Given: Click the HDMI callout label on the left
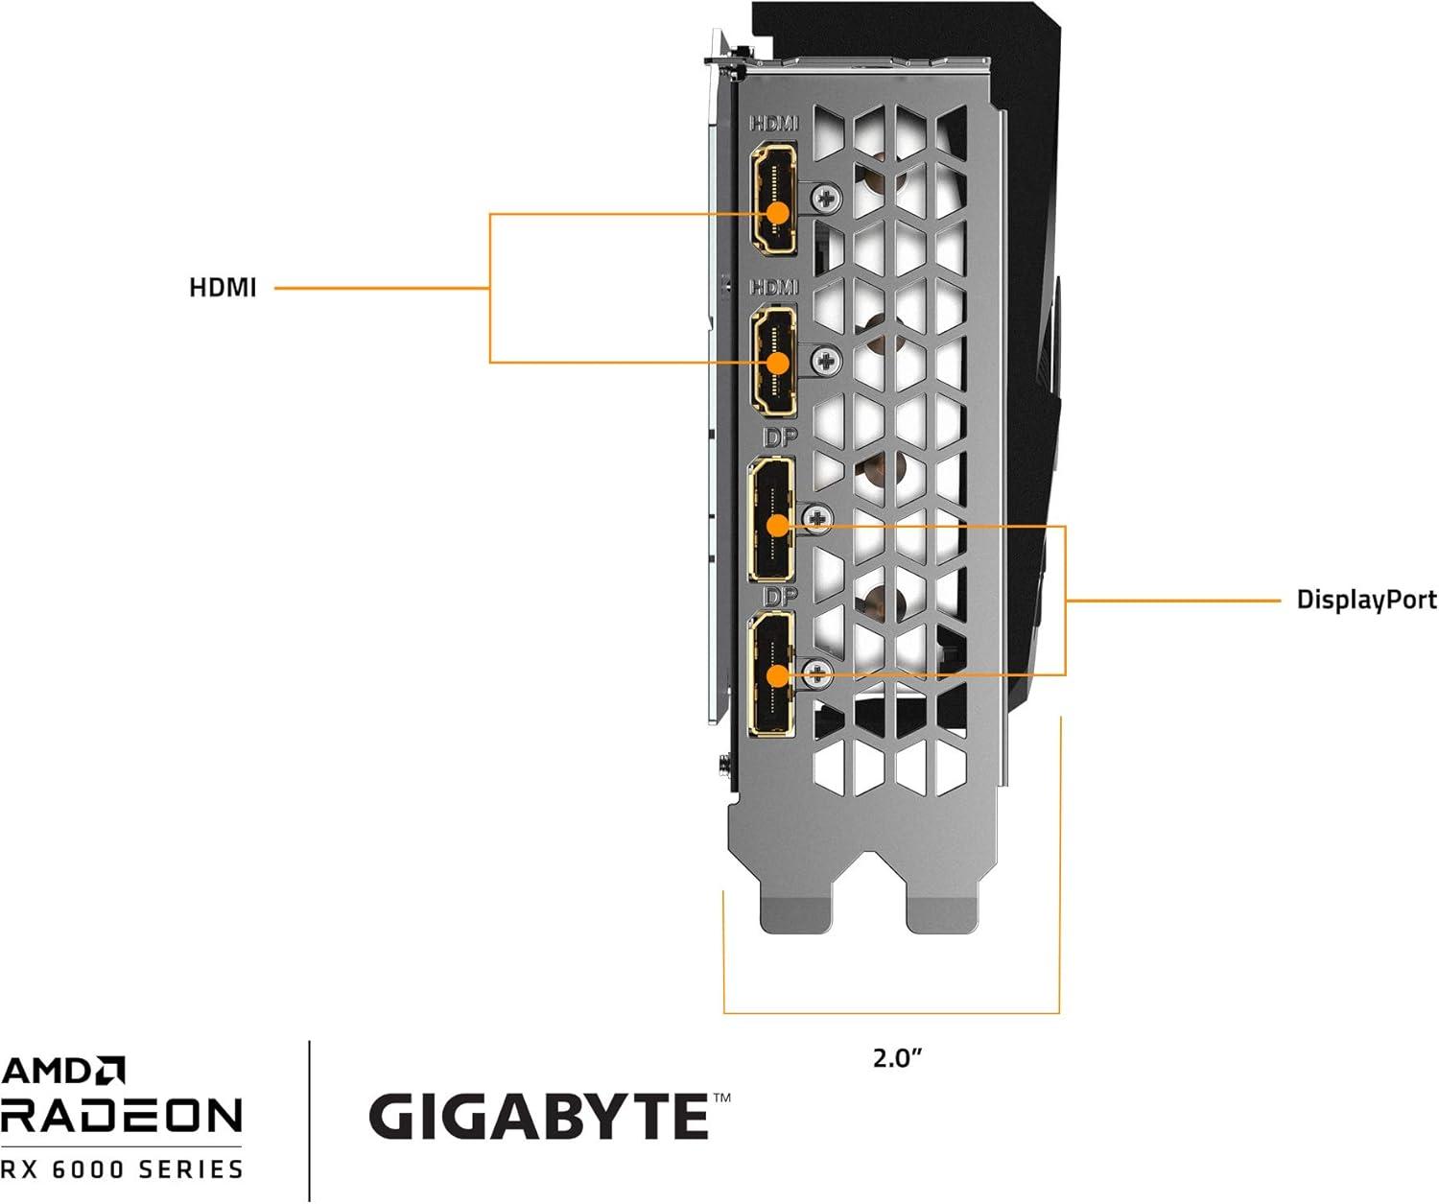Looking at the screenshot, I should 223,288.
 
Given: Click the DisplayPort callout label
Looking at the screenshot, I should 1366,601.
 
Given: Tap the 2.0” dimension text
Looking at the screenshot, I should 897,1058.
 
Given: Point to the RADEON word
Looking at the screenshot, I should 121,1116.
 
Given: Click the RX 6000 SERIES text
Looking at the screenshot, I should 122,1169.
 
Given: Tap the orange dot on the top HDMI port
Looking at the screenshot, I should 777,213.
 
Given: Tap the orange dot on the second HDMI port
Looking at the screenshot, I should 777,363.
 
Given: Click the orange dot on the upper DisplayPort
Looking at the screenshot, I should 777,525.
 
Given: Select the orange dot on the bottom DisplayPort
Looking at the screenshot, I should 777,675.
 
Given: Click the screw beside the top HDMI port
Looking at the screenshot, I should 826,200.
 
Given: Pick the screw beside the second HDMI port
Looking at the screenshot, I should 826,361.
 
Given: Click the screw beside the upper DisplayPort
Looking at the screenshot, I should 817,519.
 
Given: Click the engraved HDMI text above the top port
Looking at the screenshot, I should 773,124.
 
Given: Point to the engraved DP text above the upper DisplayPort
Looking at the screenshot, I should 780,438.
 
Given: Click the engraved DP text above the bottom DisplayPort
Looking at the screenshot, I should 780,597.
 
